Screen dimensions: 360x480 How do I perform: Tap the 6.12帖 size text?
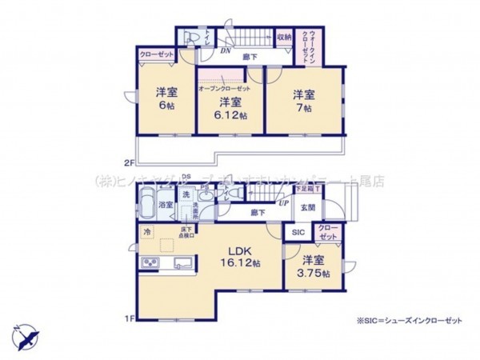[x=231, y=114]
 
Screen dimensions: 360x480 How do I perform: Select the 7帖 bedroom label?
[x=301, y=108]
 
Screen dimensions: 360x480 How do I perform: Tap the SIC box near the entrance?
[x=297, y=232]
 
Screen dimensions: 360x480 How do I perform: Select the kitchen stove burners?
[x=150, y=264]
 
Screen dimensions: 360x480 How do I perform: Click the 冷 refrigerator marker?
[x=146, y=232]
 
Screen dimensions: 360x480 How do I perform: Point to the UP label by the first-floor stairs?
[x=282, y=203]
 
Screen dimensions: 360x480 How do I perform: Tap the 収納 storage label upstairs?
[x=285, y=36]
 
